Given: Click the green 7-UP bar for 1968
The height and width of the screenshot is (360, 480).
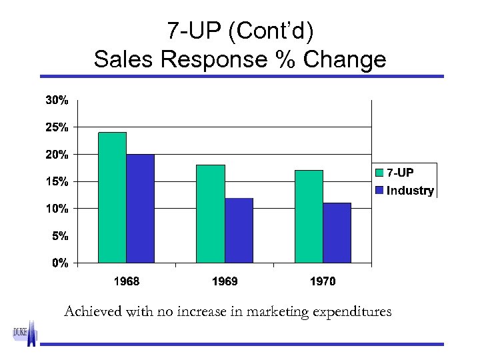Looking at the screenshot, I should click(x=112, y=197).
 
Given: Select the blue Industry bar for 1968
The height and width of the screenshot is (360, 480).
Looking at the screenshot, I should click(x=140, y=209).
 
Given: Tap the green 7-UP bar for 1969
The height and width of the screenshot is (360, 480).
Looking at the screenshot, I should click(x=211, y=213).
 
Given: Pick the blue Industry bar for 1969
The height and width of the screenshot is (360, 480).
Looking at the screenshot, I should click(x=239, y=230).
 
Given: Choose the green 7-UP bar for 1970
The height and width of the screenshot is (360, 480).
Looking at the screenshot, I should click(x=309, y=216).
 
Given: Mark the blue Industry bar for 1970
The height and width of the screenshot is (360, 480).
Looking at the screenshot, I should click(x=337, y=233).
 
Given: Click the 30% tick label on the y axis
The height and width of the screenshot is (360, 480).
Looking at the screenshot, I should click(x=56, y=100).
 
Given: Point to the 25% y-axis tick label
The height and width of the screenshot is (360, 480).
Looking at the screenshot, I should click(x=56, y=127).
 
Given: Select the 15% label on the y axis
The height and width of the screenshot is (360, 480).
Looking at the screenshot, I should click(x=56, y=181).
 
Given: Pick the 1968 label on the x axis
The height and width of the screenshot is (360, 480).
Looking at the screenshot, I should click(x=127, y=281).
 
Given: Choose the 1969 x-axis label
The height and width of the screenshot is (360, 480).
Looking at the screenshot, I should click(x=225, y=281).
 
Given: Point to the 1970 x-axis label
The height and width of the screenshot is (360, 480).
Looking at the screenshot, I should click(x=323, y=281).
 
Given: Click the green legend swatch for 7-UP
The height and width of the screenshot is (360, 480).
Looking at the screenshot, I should click(x=380, y=173).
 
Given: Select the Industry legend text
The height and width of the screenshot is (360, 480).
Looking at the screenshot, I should click(x=410, y=191).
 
